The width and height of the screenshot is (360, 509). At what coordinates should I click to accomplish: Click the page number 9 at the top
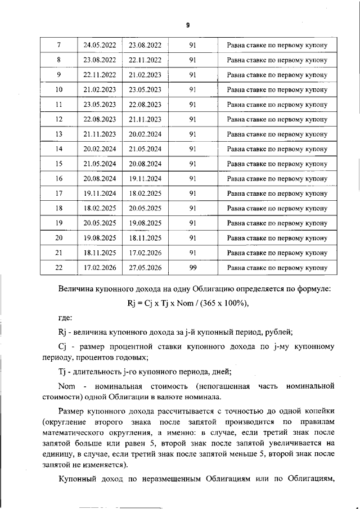(187, 26)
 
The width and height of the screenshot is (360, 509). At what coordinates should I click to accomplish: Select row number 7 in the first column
(59, 45)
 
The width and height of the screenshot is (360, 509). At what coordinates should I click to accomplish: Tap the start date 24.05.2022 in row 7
(100, 45)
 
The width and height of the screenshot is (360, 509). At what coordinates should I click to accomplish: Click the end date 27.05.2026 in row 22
(145, 268)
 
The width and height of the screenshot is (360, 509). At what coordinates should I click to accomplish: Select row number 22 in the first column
(59, 268)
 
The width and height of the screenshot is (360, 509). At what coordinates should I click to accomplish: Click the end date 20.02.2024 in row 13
(145, 134)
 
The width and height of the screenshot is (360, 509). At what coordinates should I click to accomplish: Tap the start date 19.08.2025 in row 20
(100, 238)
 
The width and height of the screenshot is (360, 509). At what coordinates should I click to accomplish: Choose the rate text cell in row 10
(277, 89)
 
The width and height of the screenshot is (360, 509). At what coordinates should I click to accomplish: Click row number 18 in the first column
(59, 208)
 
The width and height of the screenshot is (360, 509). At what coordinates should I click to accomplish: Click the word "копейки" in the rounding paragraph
(318, 412)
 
